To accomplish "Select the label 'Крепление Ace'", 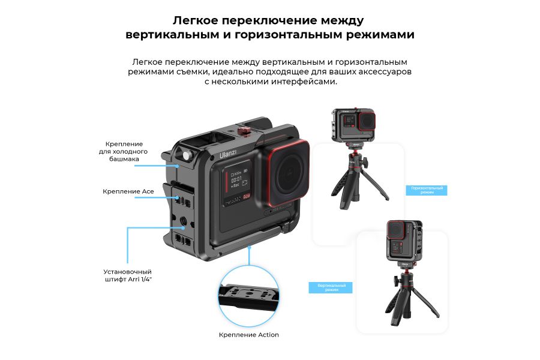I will click(128, 191).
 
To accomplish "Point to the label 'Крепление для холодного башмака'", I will click(124, 152).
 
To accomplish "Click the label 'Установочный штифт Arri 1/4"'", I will click(128, 275).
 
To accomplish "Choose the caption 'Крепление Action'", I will click(249, 335).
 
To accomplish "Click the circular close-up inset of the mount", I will click(249, 295).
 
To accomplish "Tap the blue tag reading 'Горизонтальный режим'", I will click(427, 190).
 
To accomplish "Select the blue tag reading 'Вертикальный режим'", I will click(331, 287).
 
